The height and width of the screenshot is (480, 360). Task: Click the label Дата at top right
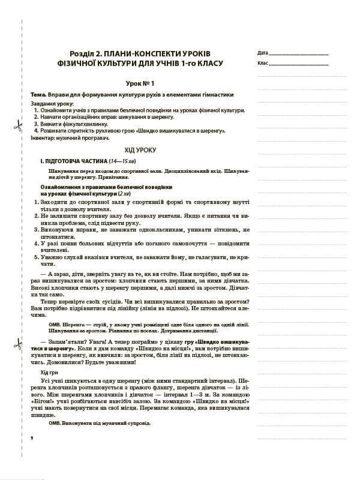point(262,53)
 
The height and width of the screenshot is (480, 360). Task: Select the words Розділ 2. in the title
point(86,53)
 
